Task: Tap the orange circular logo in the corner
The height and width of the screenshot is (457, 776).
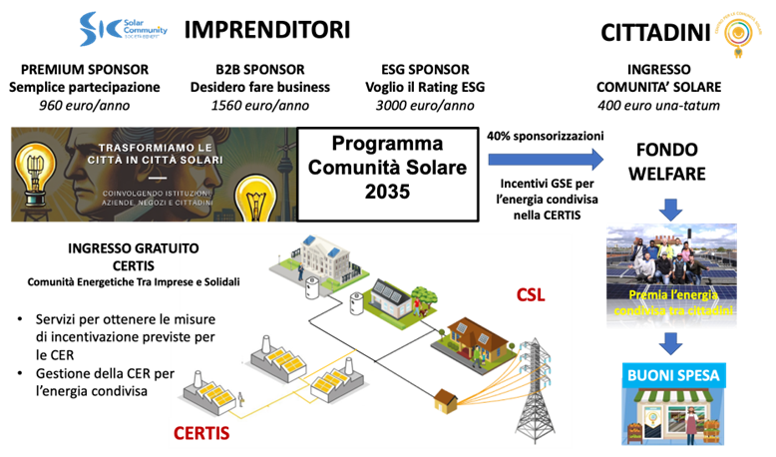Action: [x=737, y=32]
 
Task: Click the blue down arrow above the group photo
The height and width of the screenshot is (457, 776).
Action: [x=670, y=209]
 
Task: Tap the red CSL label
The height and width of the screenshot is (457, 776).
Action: [x=531, y=296]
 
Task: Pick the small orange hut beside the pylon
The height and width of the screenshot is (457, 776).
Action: [x=446, y=404]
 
